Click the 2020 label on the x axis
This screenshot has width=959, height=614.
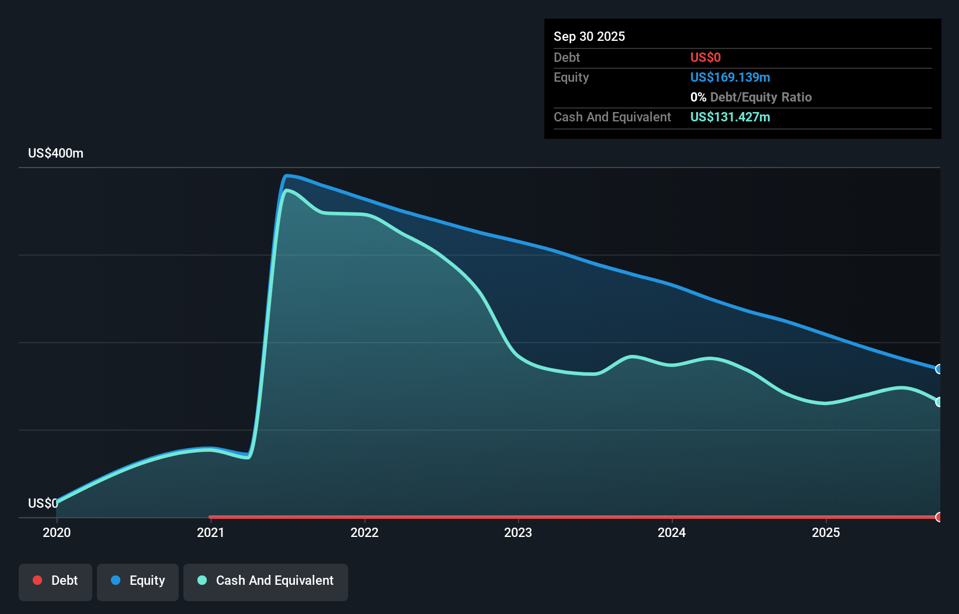57,532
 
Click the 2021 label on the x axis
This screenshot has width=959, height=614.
210,532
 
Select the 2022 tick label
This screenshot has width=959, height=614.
364,532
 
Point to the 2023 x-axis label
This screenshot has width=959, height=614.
518,532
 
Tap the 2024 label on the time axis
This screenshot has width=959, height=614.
672,532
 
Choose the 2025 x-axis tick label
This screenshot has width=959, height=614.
826,532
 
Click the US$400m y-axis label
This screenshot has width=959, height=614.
55,153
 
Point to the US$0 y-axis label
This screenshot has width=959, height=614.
43,503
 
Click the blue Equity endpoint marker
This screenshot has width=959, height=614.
939,369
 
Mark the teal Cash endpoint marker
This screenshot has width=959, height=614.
939,402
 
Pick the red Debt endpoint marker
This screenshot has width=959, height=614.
939,517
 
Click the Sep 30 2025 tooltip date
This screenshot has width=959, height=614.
589,36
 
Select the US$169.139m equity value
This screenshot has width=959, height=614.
729,77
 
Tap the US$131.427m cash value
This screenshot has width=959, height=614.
729,117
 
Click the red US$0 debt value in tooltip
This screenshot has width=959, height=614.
705,57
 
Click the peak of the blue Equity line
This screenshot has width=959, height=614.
287,175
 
